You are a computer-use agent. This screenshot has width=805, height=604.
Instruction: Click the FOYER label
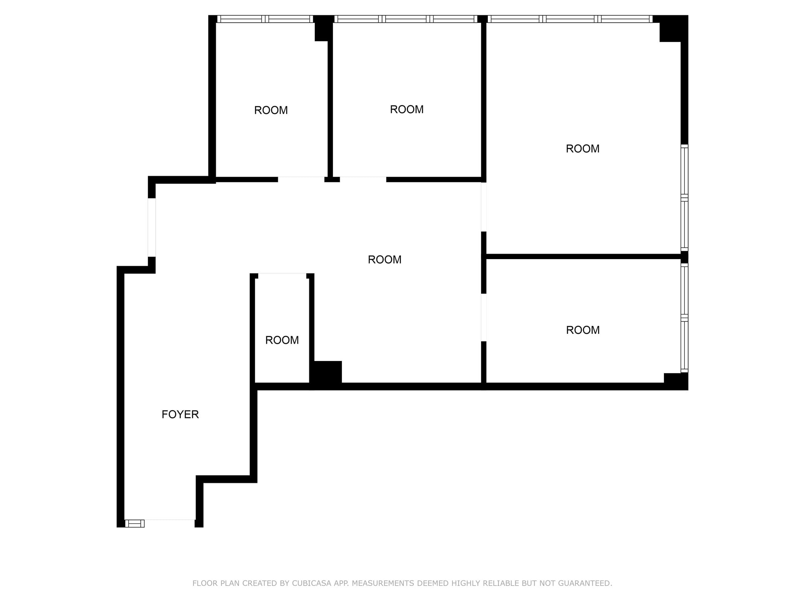pos(180,414)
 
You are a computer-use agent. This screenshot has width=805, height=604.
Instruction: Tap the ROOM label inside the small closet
pos(282,340)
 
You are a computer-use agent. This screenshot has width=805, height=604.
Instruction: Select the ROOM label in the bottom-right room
pos(583,330)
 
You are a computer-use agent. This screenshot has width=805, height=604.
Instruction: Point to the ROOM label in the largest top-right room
pos(582,149)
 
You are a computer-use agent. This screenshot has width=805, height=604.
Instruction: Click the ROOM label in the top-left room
pos(271,110)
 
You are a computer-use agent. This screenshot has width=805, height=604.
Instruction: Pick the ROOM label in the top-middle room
pos(406,109)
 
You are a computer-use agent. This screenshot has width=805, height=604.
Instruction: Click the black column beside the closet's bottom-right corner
pos(326,372)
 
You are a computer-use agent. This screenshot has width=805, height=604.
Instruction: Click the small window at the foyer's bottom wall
pos(134,523)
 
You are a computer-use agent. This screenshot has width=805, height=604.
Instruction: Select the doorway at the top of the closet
pos(282,275)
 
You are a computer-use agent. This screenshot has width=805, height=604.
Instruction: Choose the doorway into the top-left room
pos(301,179)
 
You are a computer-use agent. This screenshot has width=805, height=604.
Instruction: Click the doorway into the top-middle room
pos(363,179)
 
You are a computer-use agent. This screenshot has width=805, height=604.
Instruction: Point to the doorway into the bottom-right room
pos(483,317)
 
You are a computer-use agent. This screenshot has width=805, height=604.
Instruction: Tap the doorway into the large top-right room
pos(483,207)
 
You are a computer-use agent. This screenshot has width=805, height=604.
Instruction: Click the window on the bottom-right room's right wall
pos(684,318)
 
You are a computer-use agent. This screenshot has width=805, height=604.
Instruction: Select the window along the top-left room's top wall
pos(265,19)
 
